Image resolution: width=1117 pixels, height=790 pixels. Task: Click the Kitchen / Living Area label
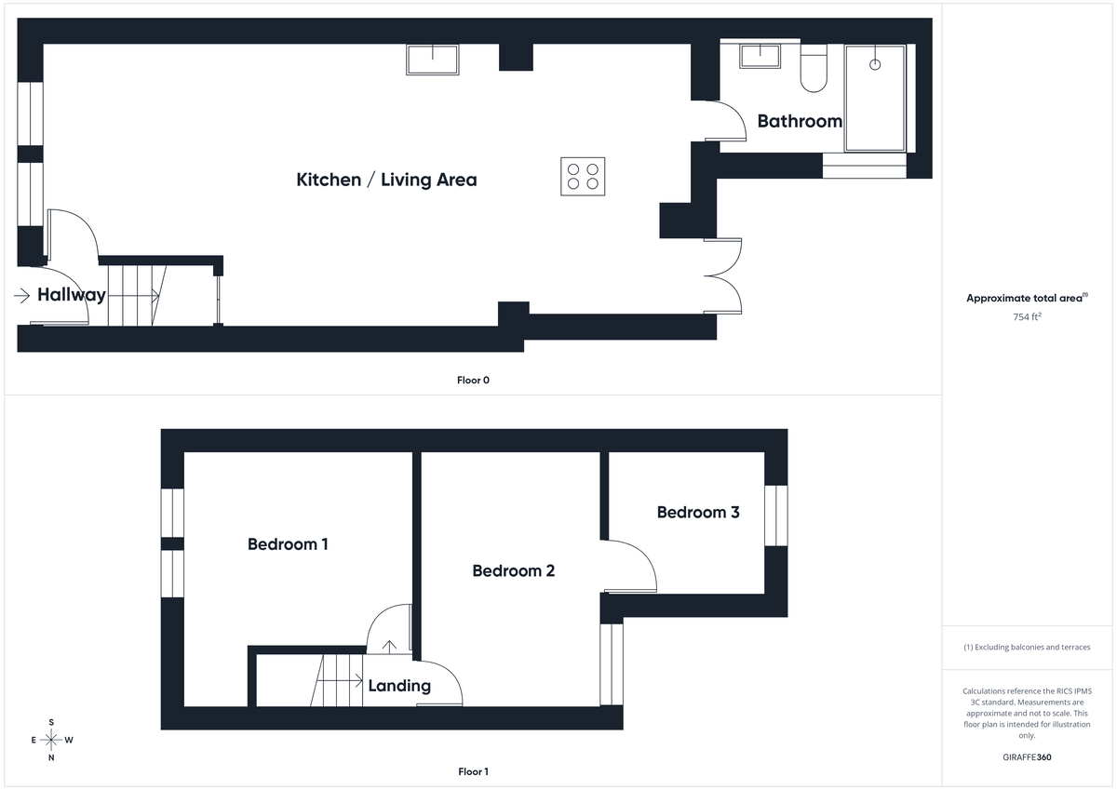click(386, 180)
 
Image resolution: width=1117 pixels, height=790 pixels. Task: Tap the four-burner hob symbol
click(583, 176)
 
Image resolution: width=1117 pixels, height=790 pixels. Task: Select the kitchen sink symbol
click(433, 60)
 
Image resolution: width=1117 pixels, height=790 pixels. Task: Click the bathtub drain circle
click(874, 64)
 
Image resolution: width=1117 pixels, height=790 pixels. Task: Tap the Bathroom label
click(800, 121)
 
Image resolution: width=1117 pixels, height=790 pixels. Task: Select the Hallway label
click(72, 295)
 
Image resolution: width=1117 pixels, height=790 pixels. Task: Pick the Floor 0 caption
click(473, 380)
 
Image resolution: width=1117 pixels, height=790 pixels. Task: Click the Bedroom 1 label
click(288, 544)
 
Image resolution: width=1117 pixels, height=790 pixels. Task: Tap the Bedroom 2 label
click(513, 570)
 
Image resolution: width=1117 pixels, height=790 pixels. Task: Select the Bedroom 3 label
click(698, 512)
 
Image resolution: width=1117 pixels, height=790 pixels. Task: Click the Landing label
click(399, 686)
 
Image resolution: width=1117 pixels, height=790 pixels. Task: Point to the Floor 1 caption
click(473, 771)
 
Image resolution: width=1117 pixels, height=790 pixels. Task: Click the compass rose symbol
click(51, 740)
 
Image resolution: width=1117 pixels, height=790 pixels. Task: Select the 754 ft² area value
click(1027, 317)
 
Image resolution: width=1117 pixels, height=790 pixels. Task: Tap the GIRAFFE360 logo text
click(1027, 757)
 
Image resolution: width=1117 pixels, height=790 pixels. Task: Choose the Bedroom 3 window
click(776, 515)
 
